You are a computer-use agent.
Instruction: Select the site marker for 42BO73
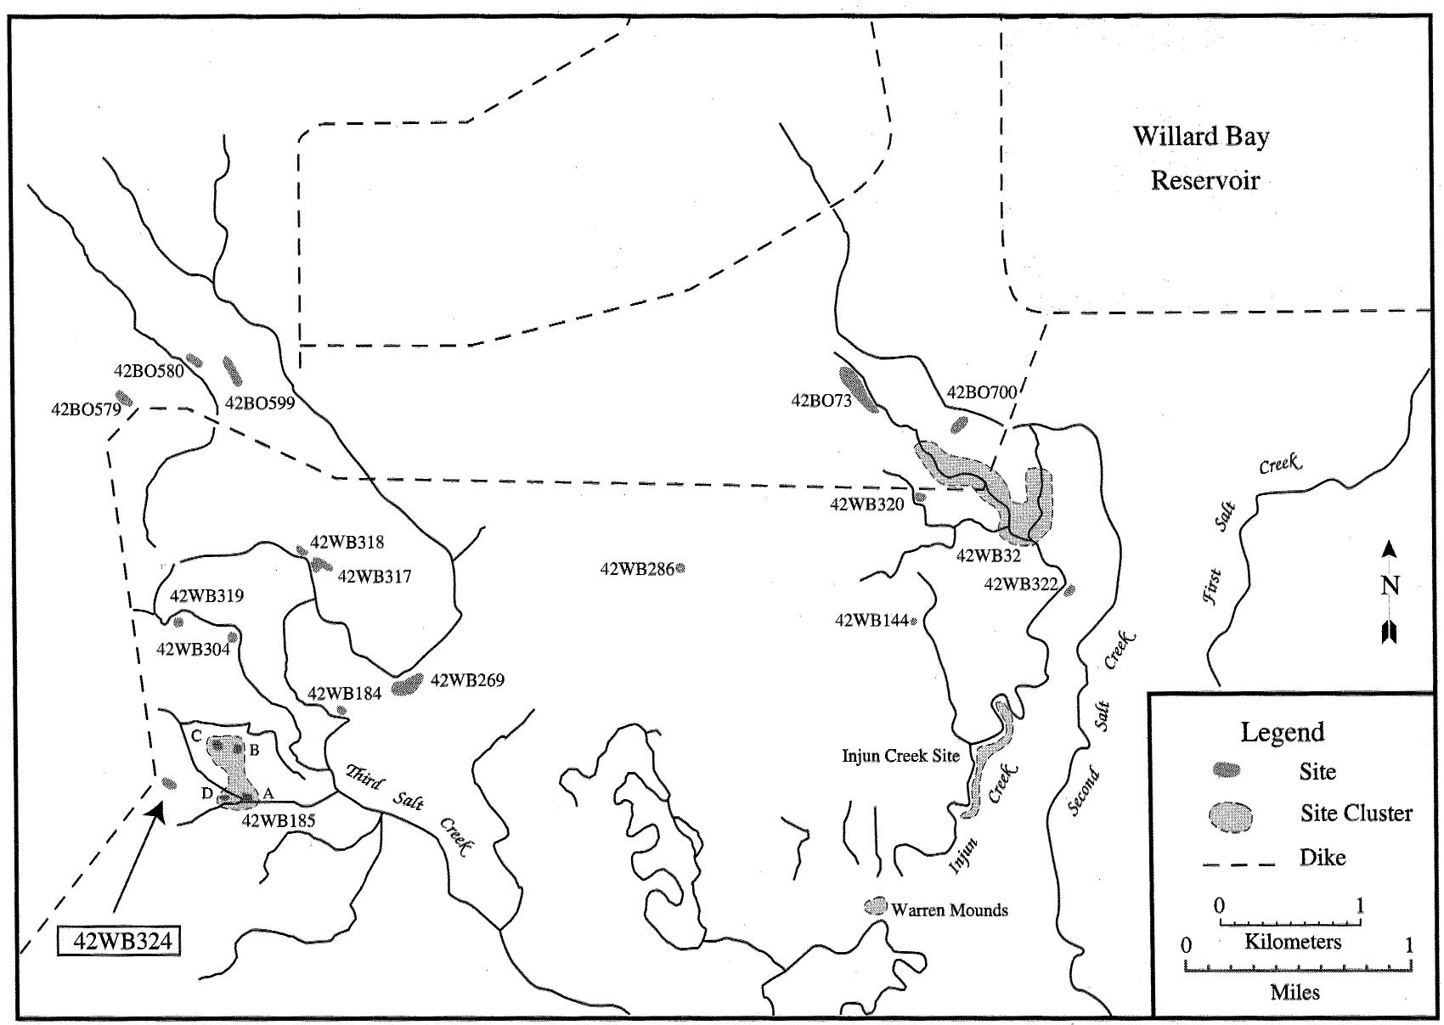(858, 389)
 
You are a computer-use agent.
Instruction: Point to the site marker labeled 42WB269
(408, 684)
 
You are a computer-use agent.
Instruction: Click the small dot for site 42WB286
(680, 568)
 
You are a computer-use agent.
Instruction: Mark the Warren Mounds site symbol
(875, 905)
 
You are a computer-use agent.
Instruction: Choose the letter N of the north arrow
(1390, 585)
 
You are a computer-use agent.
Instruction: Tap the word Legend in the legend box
(1282, 732)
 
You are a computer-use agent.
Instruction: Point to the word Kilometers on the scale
(1293, 941)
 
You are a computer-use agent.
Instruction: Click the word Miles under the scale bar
(1295, 992)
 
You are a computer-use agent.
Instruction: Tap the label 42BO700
(981, 392)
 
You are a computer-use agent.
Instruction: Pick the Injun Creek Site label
(900, 755)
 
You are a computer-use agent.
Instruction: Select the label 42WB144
(871, 621)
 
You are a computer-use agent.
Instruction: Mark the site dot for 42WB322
(1070, 589)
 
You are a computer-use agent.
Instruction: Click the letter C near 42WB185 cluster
(195, 735)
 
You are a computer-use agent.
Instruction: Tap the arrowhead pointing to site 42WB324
(155, 813)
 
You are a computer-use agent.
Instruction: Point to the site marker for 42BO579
(125, 397)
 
